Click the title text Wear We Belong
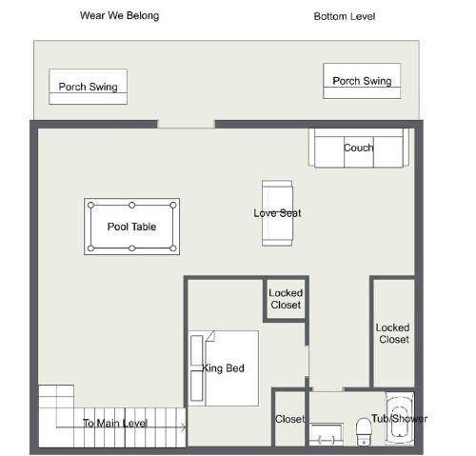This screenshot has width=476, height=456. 119,15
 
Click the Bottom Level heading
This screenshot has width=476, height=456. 345,16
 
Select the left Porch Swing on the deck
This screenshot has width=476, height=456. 89,87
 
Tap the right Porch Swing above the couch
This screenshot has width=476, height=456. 362,81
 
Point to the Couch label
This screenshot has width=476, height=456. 359,148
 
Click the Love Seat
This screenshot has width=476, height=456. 277,213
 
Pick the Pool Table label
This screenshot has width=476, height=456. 131,227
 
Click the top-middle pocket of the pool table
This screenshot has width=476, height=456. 132,206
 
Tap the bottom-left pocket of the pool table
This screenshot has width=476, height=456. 91,248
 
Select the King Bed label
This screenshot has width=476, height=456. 223,368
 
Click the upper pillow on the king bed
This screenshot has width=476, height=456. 197,350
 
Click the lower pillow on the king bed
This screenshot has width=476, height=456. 197,386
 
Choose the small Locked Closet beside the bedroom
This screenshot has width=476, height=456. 286,299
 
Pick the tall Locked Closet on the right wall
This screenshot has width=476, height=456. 394,333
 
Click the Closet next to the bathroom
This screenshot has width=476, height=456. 289,419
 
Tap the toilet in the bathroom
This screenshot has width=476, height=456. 364,432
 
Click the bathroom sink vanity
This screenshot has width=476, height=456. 327,434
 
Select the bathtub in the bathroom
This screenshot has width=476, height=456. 400,419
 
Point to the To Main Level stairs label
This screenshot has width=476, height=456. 115,423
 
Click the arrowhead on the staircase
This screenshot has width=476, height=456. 185,427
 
